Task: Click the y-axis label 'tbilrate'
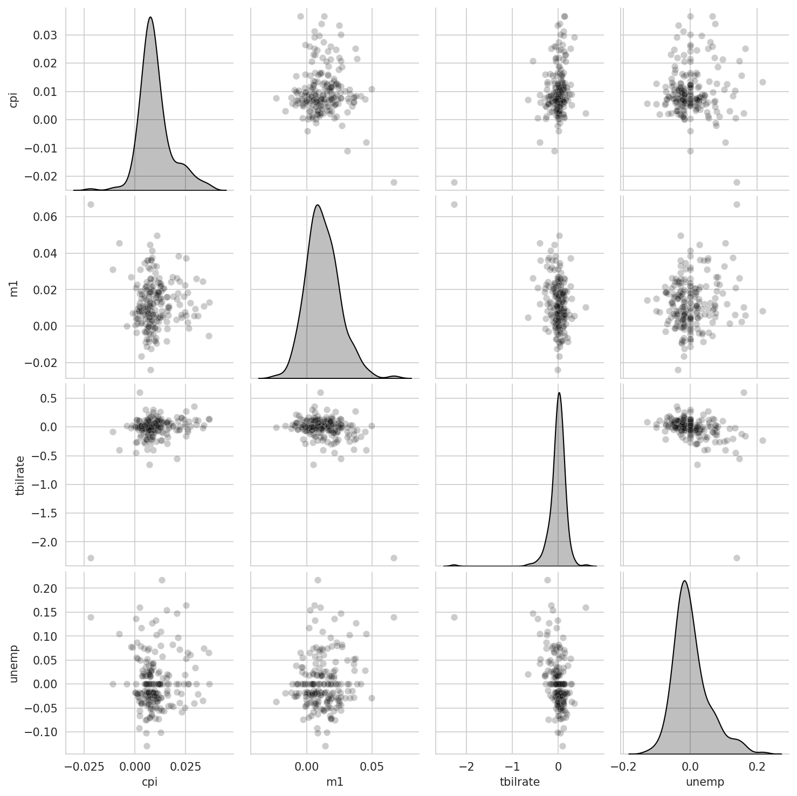(x=21, y=473)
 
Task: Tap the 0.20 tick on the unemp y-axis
(x=47, y=589)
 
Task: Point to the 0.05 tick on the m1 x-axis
(x=372, y=765)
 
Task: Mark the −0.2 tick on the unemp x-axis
(x=623, y=765)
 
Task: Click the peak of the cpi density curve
(x=150, y=17)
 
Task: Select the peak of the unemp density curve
(x=685, y=580)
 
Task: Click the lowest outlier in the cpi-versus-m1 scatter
(x=394, y=182)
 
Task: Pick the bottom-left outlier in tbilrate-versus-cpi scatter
(x=91, y=558)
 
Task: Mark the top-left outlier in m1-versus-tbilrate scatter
(x=454, y=204)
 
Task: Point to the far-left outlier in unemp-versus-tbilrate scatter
(x=454, y=617)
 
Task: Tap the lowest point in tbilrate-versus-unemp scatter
(x=737, y=558)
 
